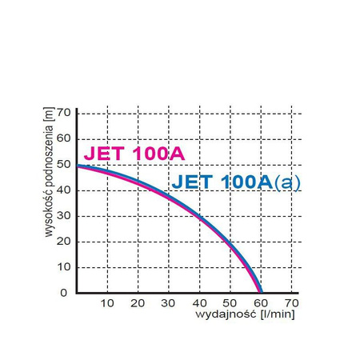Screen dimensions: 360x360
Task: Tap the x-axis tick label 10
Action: click(109, 304)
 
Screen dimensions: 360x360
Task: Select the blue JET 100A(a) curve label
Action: click(236, 182)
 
